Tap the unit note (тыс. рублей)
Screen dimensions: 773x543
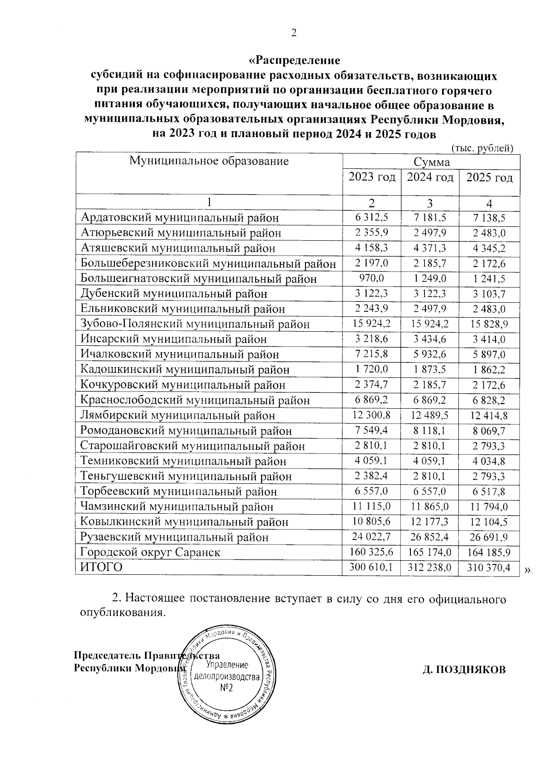pos(482,148)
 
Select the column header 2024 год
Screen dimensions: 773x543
pos(430,177)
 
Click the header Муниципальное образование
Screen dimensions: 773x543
pos(209,161)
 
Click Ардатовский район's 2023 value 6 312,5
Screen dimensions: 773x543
pos(372,218)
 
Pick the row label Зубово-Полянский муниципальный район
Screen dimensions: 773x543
pos(195,324)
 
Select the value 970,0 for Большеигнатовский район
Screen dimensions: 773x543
pos(372,278)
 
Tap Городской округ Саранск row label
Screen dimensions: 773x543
pos(150,553)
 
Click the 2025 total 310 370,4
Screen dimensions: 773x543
pos(489,568)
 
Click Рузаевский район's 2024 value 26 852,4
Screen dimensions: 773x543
pos(430,537)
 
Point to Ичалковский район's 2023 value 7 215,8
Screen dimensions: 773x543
pos(372,354)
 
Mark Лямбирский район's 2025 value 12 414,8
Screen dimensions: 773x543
pos(489,415)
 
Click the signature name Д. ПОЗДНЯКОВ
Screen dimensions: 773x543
pos(464,670)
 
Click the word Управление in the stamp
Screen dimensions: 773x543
pos(227,665)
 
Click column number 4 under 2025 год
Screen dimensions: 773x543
pos(489,203)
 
